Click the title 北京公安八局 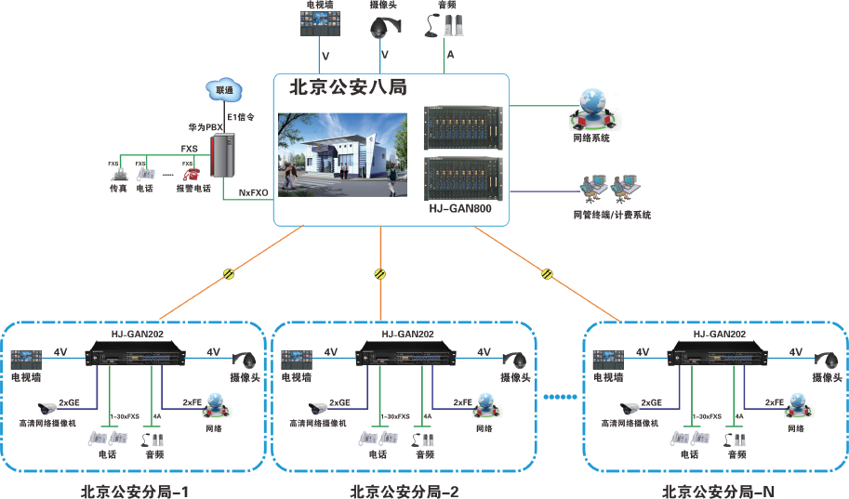(349, 88)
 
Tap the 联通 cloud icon (224, 90)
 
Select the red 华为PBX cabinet (223, 154)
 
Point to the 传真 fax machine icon (118, 174)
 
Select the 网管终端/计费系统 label (612, 215)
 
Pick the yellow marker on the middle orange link (379, 273)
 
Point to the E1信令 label (241, 117)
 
